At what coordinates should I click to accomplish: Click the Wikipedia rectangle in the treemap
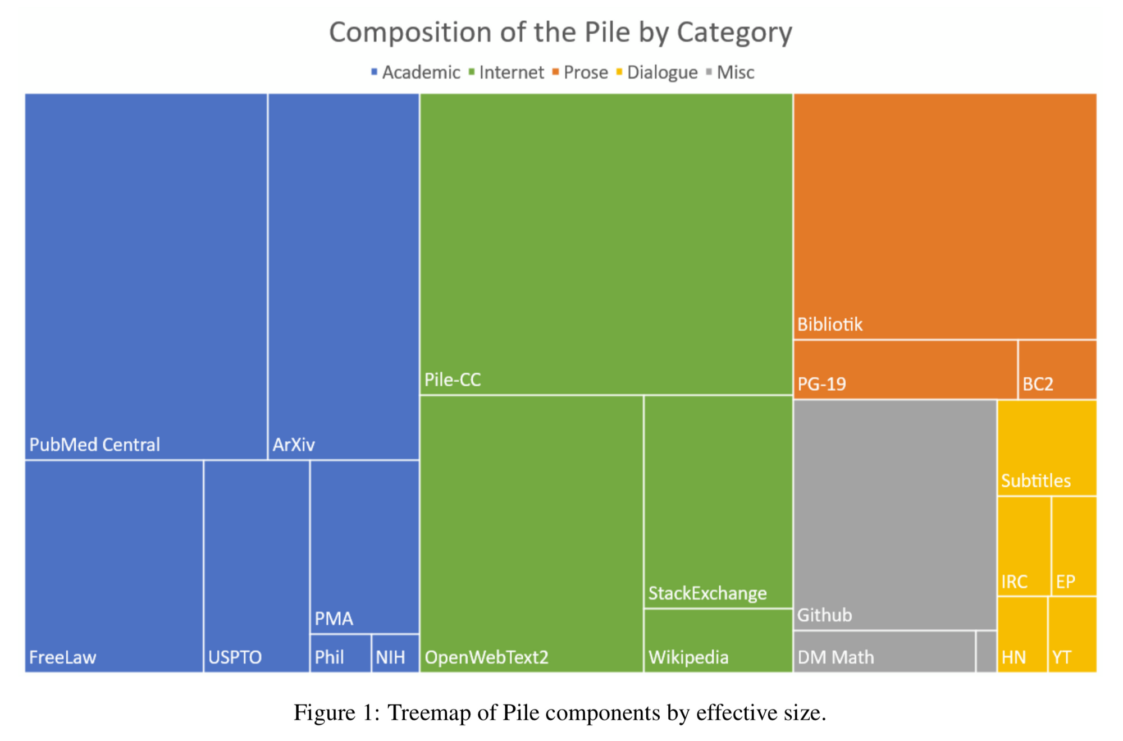pos(718,640)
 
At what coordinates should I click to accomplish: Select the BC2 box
pos(1057,369)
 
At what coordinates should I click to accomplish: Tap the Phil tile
pos(340,653)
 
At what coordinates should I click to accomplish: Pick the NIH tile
pos(395,653)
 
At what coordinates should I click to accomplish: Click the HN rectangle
pos(1022,634)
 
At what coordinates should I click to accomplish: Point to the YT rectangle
pos(1072,634)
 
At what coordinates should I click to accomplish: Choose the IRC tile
pos(1024,546)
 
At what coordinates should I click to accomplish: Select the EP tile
pos(1074,546)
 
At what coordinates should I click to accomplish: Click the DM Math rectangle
pos(884,651)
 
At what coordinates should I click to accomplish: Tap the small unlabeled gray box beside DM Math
pos(986,651)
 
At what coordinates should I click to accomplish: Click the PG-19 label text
pos(821,385)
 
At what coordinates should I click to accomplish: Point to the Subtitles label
pos(1035,481)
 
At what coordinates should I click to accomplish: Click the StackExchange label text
pos(707,593)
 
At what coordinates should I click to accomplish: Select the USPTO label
pos(235,657)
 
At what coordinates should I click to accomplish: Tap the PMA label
pos(334,619)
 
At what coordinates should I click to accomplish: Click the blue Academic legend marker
pos(374,72)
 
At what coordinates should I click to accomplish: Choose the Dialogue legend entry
pos(661,72)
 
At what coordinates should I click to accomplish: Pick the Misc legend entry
pos(735,72)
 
